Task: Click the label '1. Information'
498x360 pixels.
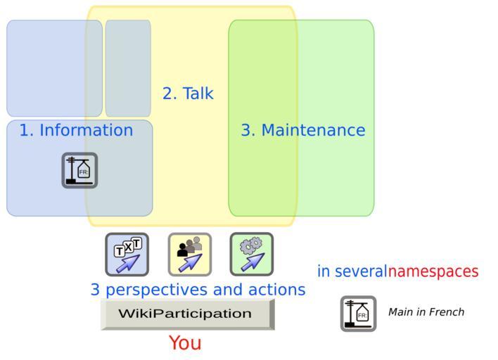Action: (x=76, y=130)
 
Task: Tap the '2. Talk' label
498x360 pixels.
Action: (x=188, y=93)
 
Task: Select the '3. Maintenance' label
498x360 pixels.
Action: (x=303, y=130)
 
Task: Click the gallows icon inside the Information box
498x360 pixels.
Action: (x=79, y=170)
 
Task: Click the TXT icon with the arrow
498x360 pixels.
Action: (x=127, y=255)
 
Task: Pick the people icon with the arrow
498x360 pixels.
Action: (x=189, y=255)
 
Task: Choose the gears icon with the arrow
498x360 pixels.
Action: (x=252, y=255)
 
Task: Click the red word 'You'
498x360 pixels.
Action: (x=185, y=343)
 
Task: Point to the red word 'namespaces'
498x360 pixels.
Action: (x=433, y=271)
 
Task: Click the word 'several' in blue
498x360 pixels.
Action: (x=361, y=271)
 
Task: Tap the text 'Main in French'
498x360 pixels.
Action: (x=426, y=312)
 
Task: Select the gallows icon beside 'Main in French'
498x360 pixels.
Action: (x=358, y=314)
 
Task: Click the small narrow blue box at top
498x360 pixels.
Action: (x=128, y=68)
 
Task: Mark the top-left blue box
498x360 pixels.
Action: (x=54, y=68)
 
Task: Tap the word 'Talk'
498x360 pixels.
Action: (x=198, y=93)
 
